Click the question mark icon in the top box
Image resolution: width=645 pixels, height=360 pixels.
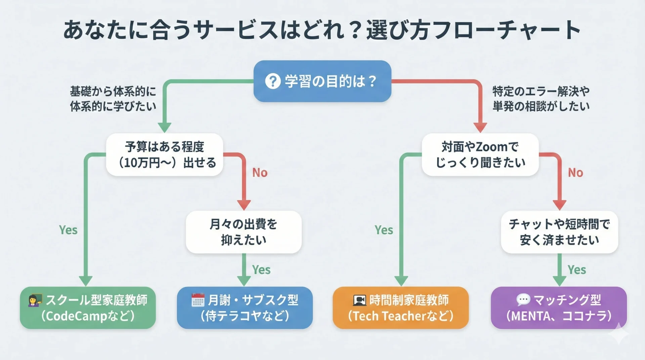[272, 81]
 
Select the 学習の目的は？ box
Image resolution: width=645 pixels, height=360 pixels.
[322, 81]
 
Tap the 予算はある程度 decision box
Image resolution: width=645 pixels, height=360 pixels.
[165, 155]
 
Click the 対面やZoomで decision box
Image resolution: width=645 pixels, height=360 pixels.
[480, 155]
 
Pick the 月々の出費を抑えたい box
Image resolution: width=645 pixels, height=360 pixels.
[244, 232]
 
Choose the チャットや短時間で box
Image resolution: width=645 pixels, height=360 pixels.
[559, 232]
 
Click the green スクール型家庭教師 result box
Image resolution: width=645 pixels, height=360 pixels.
[88, 308]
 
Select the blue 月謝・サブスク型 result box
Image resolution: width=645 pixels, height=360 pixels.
[245, 308]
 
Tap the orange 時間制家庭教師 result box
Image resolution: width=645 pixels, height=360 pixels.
[400, 308]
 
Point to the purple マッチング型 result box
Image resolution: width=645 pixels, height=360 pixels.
[559, 308]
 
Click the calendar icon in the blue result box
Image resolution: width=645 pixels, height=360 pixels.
[198, 300]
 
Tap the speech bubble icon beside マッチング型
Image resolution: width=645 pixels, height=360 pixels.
[523, 300]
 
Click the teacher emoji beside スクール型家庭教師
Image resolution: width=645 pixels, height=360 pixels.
[35, 300]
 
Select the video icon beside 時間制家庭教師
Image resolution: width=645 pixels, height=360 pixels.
[359, 300]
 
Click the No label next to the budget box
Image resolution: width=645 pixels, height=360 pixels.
[260, 173]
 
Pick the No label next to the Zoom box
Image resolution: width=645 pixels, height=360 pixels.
[575, 173]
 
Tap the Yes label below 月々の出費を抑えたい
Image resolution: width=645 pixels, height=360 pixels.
[261, 270]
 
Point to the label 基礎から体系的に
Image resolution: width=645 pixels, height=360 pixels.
[113, 91]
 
